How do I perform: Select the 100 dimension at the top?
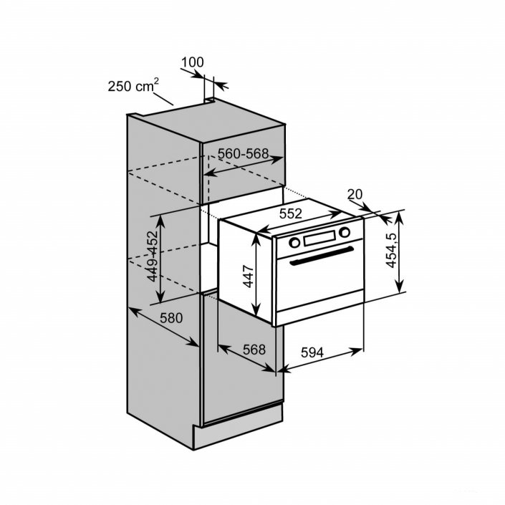[192, 63]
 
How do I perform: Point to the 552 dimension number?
[289, 213]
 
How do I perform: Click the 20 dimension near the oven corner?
[355, 194]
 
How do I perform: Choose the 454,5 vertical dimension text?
[391, 250]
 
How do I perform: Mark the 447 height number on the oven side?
[248, 274]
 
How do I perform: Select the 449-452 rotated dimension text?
[151, 256]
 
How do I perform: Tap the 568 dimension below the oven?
[254, 350]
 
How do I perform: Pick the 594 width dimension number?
[312, 352]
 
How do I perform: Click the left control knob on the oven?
[294, 242]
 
